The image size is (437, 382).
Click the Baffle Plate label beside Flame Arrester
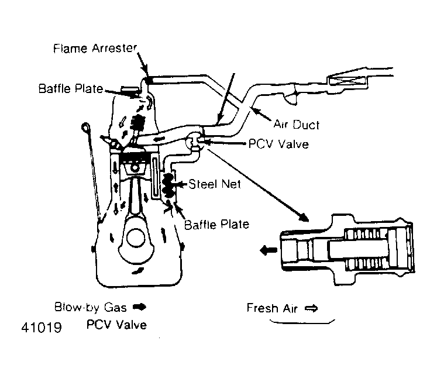click(x=71, y=89)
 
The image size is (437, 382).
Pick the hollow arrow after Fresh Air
click(x=311, y=308)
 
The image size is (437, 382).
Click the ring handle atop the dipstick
click(x=86, y=126)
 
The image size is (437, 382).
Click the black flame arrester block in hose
click(x=149, y=78)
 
